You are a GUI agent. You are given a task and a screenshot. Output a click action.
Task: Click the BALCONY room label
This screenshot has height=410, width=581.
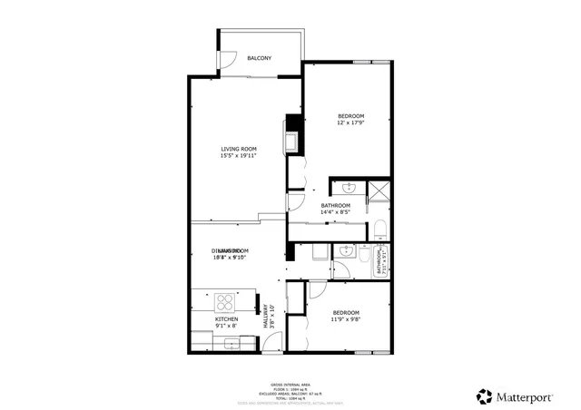[x=260, y=58]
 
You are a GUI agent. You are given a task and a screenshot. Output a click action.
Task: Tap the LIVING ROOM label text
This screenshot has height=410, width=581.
[x=238, y=149]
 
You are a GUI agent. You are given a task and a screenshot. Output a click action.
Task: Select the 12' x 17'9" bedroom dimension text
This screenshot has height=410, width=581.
[x=350, y=123]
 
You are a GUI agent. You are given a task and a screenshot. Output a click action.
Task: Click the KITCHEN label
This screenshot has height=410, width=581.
[x=226, y=319]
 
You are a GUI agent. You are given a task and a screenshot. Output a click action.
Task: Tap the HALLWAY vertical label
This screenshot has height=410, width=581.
[x=268, y=317]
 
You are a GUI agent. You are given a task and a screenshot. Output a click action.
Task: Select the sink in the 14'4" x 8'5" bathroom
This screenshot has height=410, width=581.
[x=349, y=189]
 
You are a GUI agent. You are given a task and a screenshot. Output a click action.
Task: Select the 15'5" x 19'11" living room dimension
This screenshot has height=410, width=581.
[x=238, y=156]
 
